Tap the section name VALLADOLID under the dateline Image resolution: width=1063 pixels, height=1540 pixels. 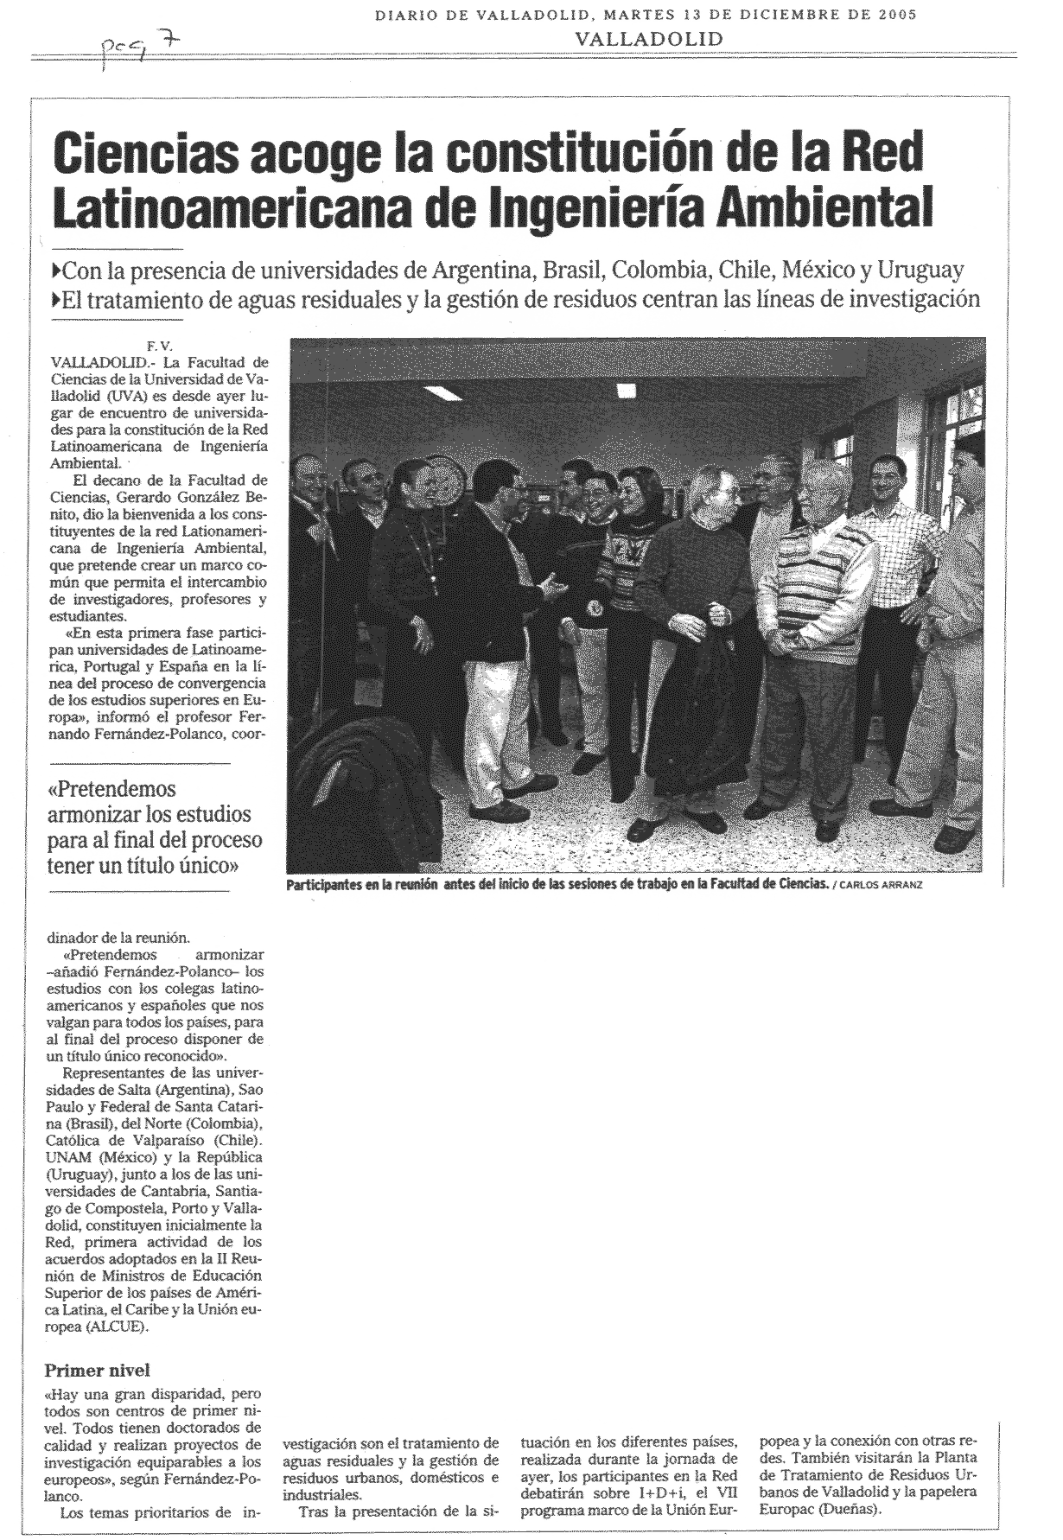click(648, 39)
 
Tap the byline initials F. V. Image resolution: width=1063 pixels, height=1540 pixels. click(161, 347)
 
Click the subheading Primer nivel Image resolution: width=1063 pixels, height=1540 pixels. click(97, 1371)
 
